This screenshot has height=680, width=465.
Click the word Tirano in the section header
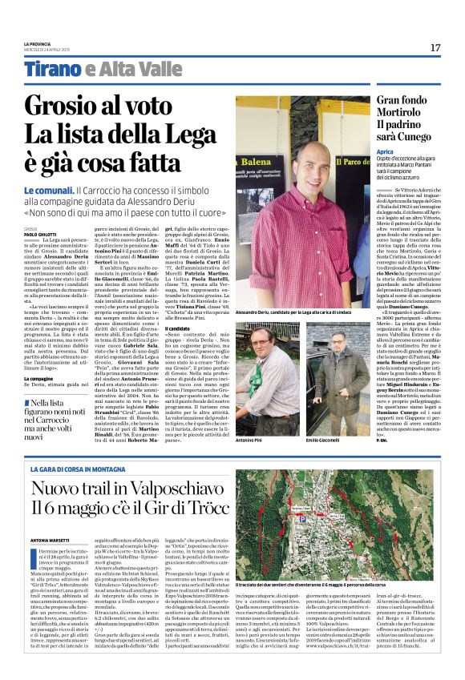pyautogui.click(x=51, y=71)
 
